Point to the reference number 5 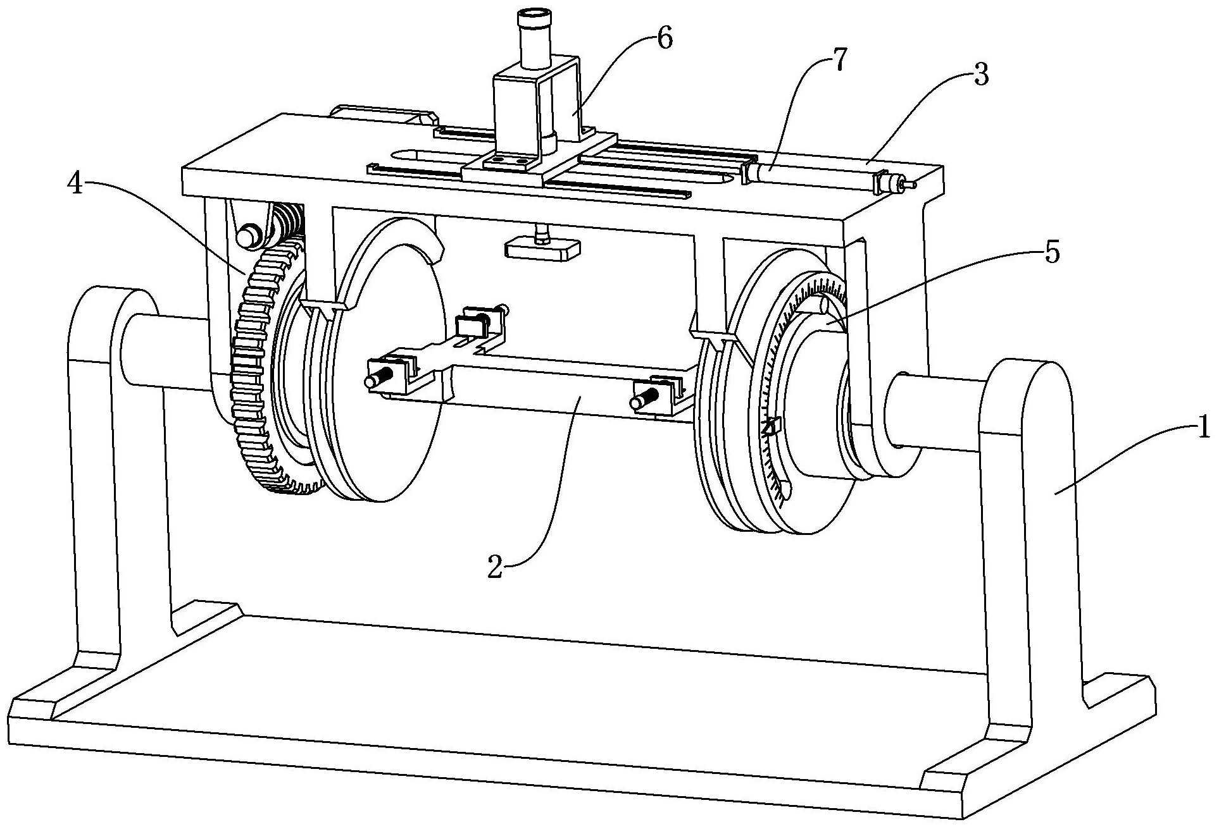[x=1050, y=252]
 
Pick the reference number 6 [x=664, y=39]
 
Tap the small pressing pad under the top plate [x=542, y=248]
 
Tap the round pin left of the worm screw [x=247, y=235]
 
